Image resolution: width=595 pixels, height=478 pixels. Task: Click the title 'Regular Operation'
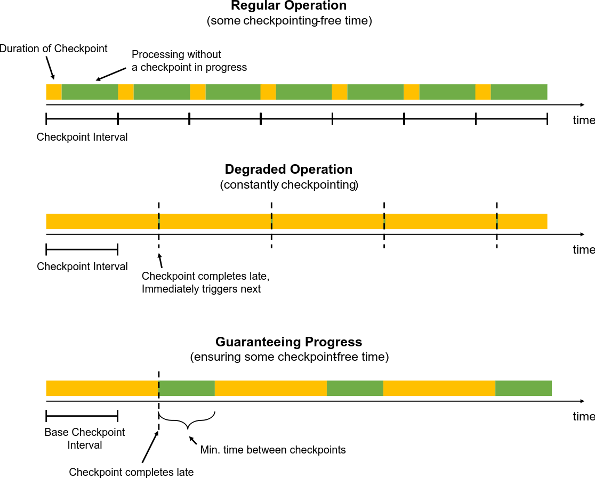(289, 6)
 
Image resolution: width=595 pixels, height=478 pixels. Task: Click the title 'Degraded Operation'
(288, 169)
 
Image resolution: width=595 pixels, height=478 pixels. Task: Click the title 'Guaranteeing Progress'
(288, 342)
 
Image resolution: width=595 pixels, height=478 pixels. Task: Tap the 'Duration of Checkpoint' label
(54, 49)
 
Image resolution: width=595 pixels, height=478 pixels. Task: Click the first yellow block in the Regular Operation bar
(54, 92)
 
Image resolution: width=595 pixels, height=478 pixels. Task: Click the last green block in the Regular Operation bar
(519, 92)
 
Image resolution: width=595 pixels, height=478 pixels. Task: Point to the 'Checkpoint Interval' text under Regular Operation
(82, 137)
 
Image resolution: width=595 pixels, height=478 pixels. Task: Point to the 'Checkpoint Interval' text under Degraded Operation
(82, 266)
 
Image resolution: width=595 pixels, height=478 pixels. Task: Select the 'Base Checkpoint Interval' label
(84, 438)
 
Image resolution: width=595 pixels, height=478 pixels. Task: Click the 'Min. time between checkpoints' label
(274, 450)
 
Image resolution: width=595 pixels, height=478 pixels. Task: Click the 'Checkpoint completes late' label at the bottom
(131, 472)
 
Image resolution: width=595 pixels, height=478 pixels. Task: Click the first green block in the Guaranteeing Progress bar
(187, 388)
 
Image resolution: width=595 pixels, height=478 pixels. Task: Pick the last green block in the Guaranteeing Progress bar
(524, 388)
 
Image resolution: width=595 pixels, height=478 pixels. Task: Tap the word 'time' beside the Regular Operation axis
(583, 120)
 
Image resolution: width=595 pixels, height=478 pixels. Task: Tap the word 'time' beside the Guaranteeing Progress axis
(583, 417)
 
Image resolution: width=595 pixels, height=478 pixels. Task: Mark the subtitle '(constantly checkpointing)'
(288, 185)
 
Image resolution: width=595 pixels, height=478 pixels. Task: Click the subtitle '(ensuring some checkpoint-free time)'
(289, 357)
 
